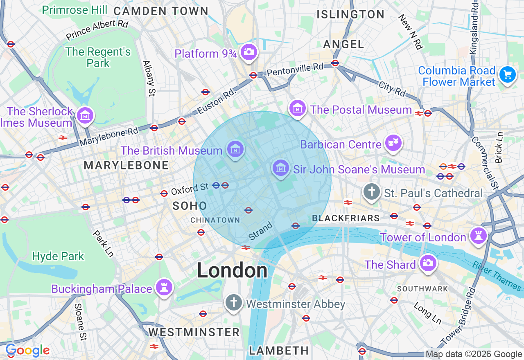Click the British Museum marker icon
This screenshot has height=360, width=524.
(x=235, y=150)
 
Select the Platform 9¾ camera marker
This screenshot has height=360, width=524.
(x=248, y=52)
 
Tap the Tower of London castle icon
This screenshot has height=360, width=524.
(x=478, y=236)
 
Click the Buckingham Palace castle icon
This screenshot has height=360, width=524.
(x=164, y=288)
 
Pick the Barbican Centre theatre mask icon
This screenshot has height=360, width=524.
(x=393, y=144)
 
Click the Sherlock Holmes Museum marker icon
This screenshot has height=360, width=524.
(x=85, y=116)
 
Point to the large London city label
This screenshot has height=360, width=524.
(x=232, y=270)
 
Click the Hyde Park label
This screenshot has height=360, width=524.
(x=58, y=256)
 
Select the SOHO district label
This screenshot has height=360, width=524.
(x=190, y=206)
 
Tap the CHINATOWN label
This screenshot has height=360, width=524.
(x=215, y=220)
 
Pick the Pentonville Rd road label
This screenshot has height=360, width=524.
(x=295, y=69)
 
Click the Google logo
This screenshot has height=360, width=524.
(x=27, y=351)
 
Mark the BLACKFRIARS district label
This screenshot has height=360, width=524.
(x=346, y=218)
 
